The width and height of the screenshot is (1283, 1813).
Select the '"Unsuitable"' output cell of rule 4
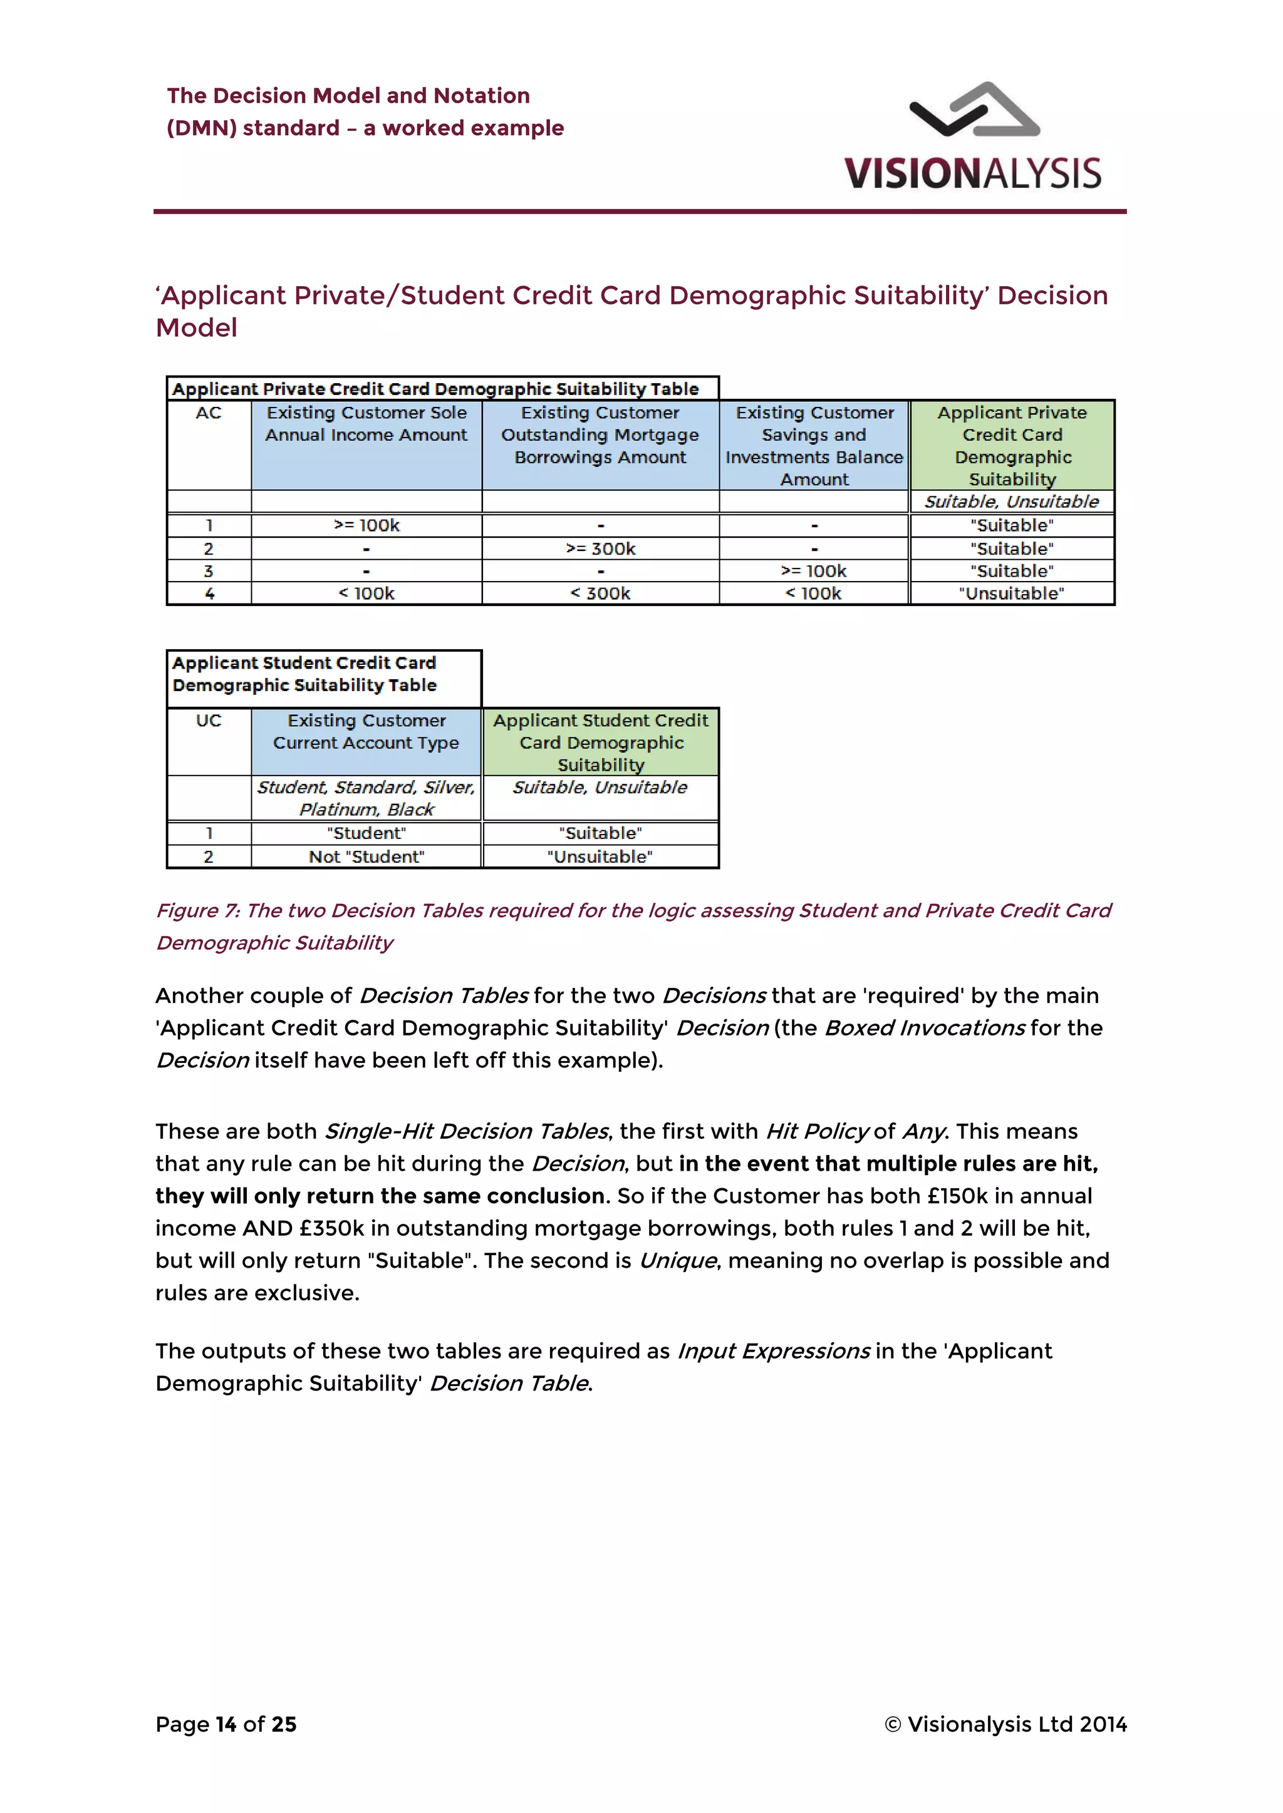(1011, 594)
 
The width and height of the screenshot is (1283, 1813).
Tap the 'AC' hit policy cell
(209, 413)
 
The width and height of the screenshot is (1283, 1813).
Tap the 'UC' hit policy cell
(209, 721)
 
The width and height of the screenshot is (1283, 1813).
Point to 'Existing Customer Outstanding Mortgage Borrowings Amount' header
(600, 435)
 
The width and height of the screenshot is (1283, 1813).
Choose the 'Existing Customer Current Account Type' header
(366, 732)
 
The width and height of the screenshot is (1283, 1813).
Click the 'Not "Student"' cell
(366, 857)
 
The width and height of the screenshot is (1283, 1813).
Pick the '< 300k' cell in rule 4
(600, 594)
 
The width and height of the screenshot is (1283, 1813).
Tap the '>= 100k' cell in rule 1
(366, 526)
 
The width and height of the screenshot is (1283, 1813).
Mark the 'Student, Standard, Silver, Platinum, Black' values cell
(366, 798)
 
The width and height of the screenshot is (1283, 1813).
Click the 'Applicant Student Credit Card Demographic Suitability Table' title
(305, 674)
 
